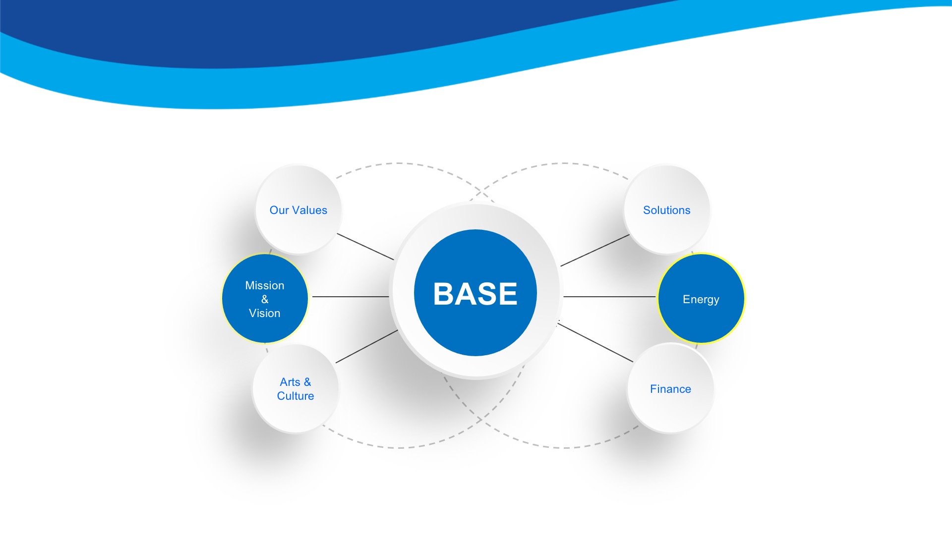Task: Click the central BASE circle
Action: (x=476, y=292)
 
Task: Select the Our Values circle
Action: (x=298, y=210)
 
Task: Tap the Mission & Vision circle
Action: (x=265, y=299)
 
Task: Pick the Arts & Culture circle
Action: (x=296, y=388)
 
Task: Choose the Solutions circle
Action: (x=666, y=210)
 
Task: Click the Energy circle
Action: (x=701, y=299)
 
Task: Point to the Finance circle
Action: (x=670, y=388)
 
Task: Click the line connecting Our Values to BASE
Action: (x=365, y=246)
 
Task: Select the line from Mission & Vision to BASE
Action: (x=351, y=297)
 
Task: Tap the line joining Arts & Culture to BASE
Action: (x=366, y=346)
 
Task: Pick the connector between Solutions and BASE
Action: (x=595, y=250)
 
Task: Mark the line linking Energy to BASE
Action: (x=609, y=297)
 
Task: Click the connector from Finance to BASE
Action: (x=595, y=342)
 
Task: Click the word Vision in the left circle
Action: (x=265, y=313)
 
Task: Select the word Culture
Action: (x=296, y=396)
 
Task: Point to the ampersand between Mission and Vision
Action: (x=265, y=299)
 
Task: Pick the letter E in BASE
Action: (x=507, y=294)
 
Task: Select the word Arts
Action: (x=290, y=382)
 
